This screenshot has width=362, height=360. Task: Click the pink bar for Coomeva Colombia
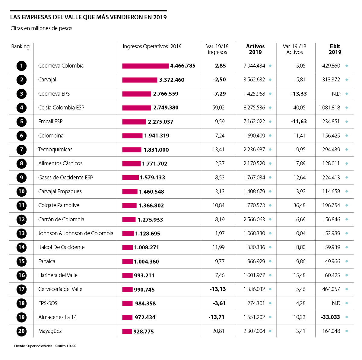pos(145,66)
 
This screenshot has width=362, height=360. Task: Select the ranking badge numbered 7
pos(21,150)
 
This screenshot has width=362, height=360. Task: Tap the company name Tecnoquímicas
pos(55,150)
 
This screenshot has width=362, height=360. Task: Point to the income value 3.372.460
pos(172,80)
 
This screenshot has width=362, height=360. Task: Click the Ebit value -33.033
pos(330,317)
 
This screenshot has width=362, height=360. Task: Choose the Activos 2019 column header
pos(255,49)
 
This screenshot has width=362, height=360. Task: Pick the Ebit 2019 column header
pos(335,49)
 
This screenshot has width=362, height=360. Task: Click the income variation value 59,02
pos(218,108)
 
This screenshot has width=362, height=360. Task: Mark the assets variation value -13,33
pos(299,94)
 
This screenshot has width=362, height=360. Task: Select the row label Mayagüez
pos(50,331)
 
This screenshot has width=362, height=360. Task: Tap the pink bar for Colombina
pos(132,136)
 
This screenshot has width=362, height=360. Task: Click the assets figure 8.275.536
pos(254,108)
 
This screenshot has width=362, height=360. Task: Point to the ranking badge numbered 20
pos(21,331)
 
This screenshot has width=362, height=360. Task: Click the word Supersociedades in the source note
pos(39,346)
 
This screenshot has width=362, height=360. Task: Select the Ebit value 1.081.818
pos(329,108)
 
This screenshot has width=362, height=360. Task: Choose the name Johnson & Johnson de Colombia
pos(76,233)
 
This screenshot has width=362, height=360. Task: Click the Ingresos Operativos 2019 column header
pos(152,46)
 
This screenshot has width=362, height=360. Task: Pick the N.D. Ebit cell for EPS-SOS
pos(336,303)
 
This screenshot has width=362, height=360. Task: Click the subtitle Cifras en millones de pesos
pos(41,28)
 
